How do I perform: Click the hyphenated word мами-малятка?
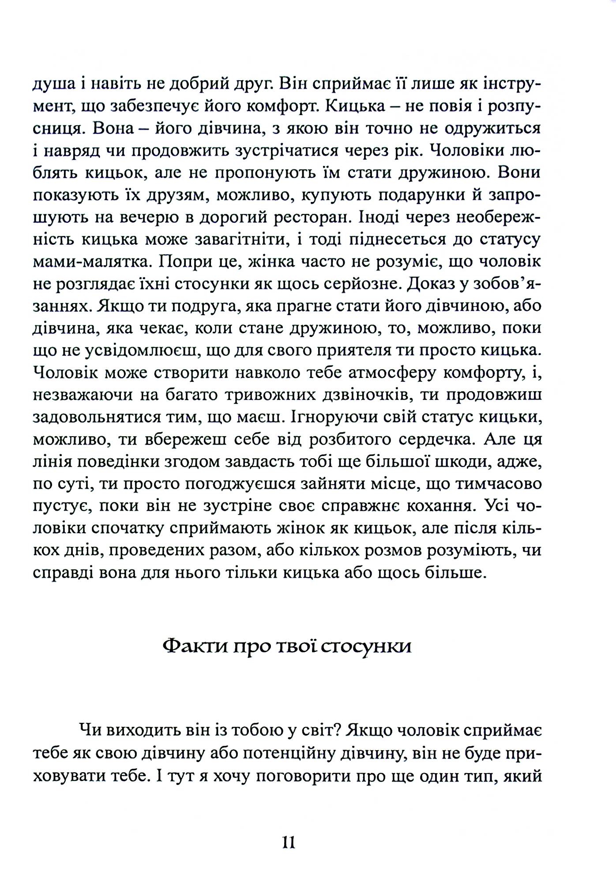(x=91, y=262)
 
